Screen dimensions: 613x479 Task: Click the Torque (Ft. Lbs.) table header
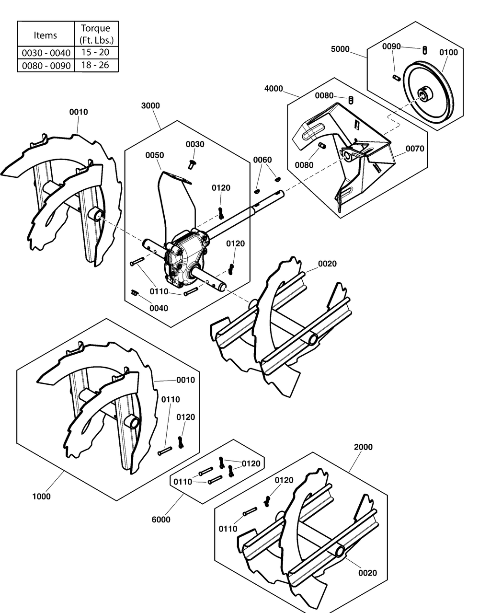[x=96, y=34]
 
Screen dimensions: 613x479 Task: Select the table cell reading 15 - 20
[x=96, y=52]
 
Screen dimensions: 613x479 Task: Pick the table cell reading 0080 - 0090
[x=46, y=65]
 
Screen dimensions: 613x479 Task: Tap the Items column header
[x=46, y=35]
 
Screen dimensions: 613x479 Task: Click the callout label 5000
[x=340, y=49]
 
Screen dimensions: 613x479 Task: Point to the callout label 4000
[x=274, y=89]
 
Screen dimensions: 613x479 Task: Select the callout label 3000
[x=150, y=105]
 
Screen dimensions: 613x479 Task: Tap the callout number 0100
[x=448, y=52]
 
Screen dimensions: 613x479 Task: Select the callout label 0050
[x=155, y=155]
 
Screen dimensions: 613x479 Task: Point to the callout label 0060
[x=262, y=160]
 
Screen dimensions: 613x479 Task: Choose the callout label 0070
[x=415, y=149]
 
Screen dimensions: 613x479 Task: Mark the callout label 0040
[x=159, y=308]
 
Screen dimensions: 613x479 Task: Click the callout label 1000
[x=41, y=497]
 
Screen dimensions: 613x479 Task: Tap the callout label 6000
[x=160, y=520]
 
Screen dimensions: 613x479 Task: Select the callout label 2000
[x=363, y=447]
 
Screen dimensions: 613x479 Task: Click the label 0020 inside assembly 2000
[x=367, y=573]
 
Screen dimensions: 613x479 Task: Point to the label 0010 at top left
[x=79, y=112]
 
